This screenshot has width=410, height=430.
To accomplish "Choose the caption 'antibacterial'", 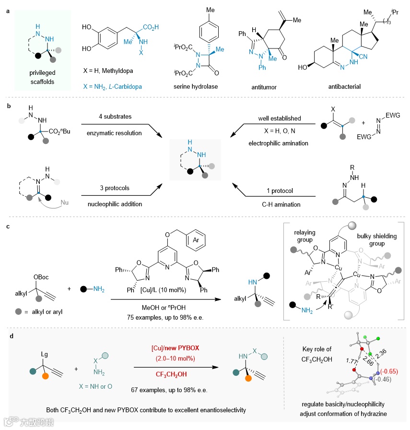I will (343, 87).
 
